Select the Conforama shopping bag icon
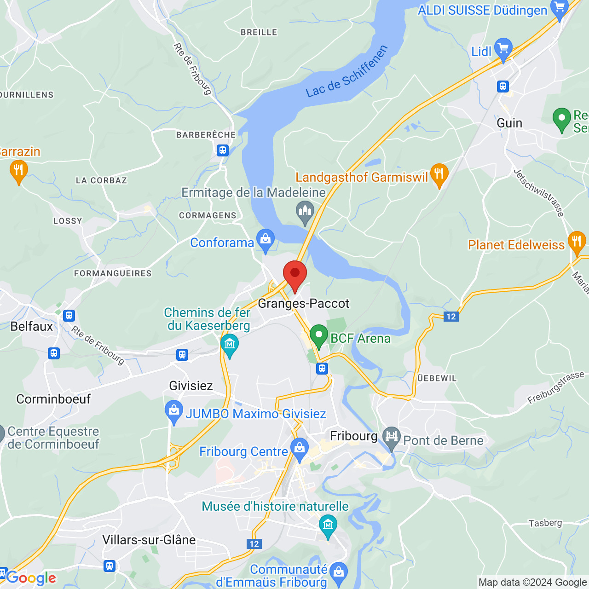pyautogui.click(x=266, y=239)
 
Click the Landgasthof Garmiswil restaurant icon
pyautogui.click(x=439, y=174)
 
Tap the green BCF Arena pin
pyautogui.click(x=318, y=335)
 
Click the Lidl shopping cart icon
pyautogui.click(x=503, y=48)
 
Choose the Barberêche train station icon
pyautogui.click(x=223, y=150)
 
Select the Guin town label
pyautogui.click(x=509, y=123)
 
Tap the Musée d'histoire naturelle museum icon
pyautogui.click(x=328, y=525)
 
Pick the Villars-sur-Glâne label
pyautogui.click(x=149, y=540)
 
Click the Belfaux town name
pyautogui.click(x=32, y=326)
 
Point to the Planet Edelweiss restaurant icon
pyautogui.click(x=576, y=242)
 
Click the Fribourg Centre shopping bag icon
pyautogui.click(x=300, y=449)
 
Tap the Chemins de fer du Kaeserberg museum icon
pyautogui.click(x=229, y=344)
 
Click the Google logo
pyautogui.click(x=31, y=578)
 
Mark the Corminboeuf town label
pyautogui.click(x=53, y=399)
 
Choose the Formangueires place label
pyautogui.click(x=113, y=273)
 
